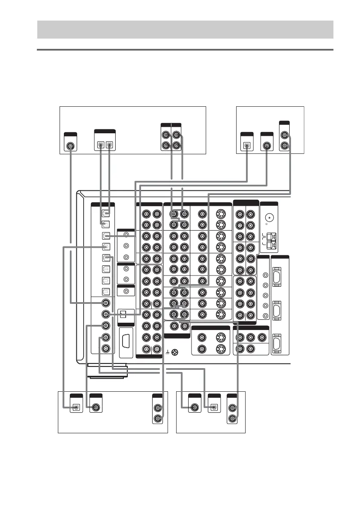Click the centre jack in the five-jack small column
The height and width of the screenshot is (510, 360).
coord(265,295)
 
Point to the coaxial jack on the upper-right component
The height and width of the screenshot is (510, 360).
coord(267,145)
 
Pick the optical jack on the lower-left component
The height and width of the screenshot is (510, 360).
coord(76,408)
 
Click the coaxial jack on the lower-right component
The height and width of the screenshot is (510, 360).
coord(195,408)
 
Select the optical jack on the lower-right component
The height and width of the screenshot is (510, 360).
coord(214,408)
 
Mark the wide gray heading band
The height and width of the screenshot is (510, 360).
coord(185,29)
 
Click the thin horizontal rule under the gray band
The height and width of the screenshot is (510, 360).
coord(185,50)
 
